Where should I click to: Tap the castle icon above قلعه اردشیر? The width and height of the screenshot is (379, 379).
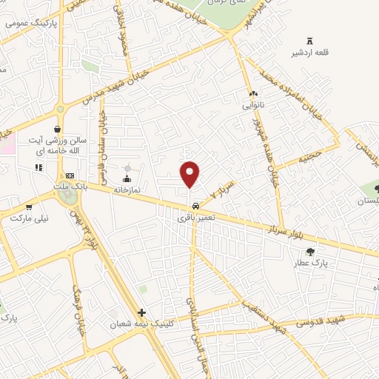click(x=309, y=39)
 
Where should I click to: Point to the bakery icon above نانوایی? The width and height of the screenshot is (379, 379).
click(x=253, y=94)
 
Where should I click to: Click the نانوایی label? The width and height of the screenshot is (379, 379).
click(x=253, y=105)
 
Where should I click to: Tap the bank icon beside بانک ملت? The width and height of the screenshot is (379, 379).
click(x=70, y=175)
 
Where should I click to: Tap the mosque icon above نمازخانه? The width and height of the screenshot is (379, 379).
click(x=127, y=178)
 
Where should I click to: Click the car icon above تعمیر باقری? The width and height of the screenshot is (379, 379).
click(x=195, y=206)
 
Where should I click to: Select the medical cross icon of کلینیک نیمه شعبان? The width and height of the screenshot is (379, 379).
click(x=141, y=313)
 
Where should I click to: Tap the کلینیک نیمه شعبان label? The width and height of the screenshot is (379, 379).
click(x=141, y=325)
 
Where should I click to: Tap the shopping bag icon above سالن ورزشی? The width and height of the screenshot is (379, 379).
click(x=56, y=128)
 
